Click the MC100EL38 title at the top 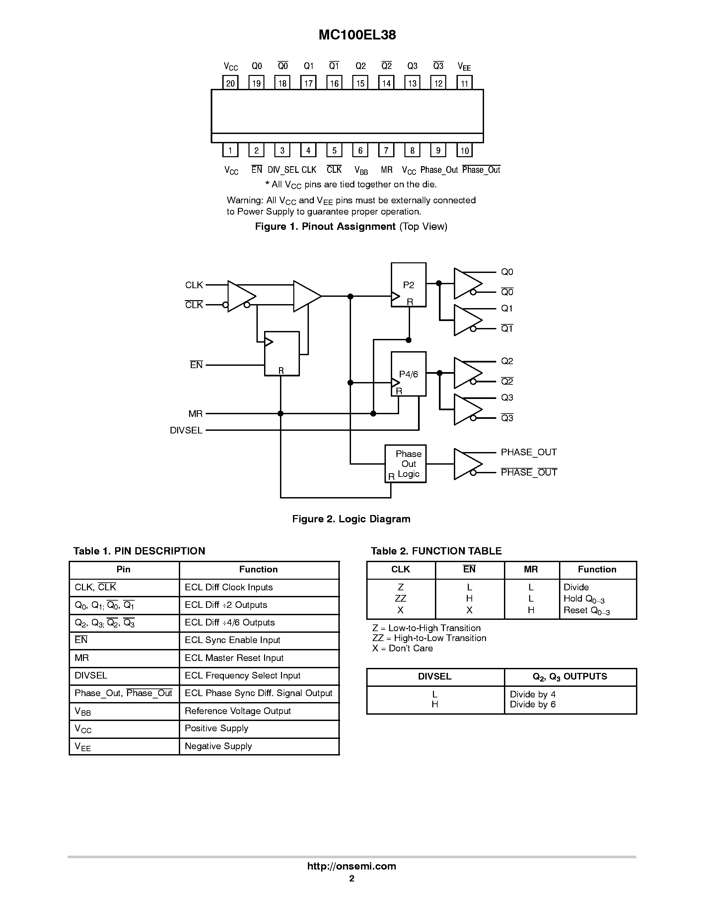pos(357,35)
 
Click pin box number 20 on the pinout pos(230,83)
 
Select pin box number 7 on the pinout pos(386,150)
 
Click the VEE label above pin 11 pos(464,66)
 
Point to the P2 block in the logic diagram pos(408,285)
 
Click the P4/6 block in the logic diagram pos(408,374)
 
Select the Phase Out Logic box pos(405,464)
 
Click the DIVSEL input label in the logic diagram pos(186,430)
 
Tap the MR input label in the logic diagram pos(195,414)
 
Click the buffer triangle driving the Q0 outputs pos(467,284)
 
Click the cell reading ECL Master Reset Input pos(234,658)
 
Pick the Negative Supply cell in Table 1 pos(218,746)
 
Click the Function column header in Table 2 pos(597,569)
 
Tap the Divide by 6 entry pos(532,704)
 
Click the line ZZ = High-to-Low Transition pos(429,638)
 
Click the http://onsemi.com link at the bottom pos(352,866)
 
